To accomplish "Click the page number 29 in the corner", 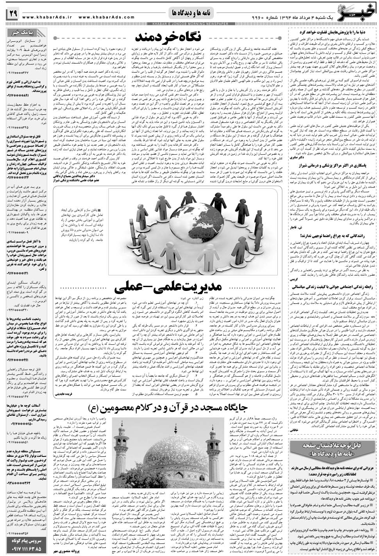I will click(x=11, y=14).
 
